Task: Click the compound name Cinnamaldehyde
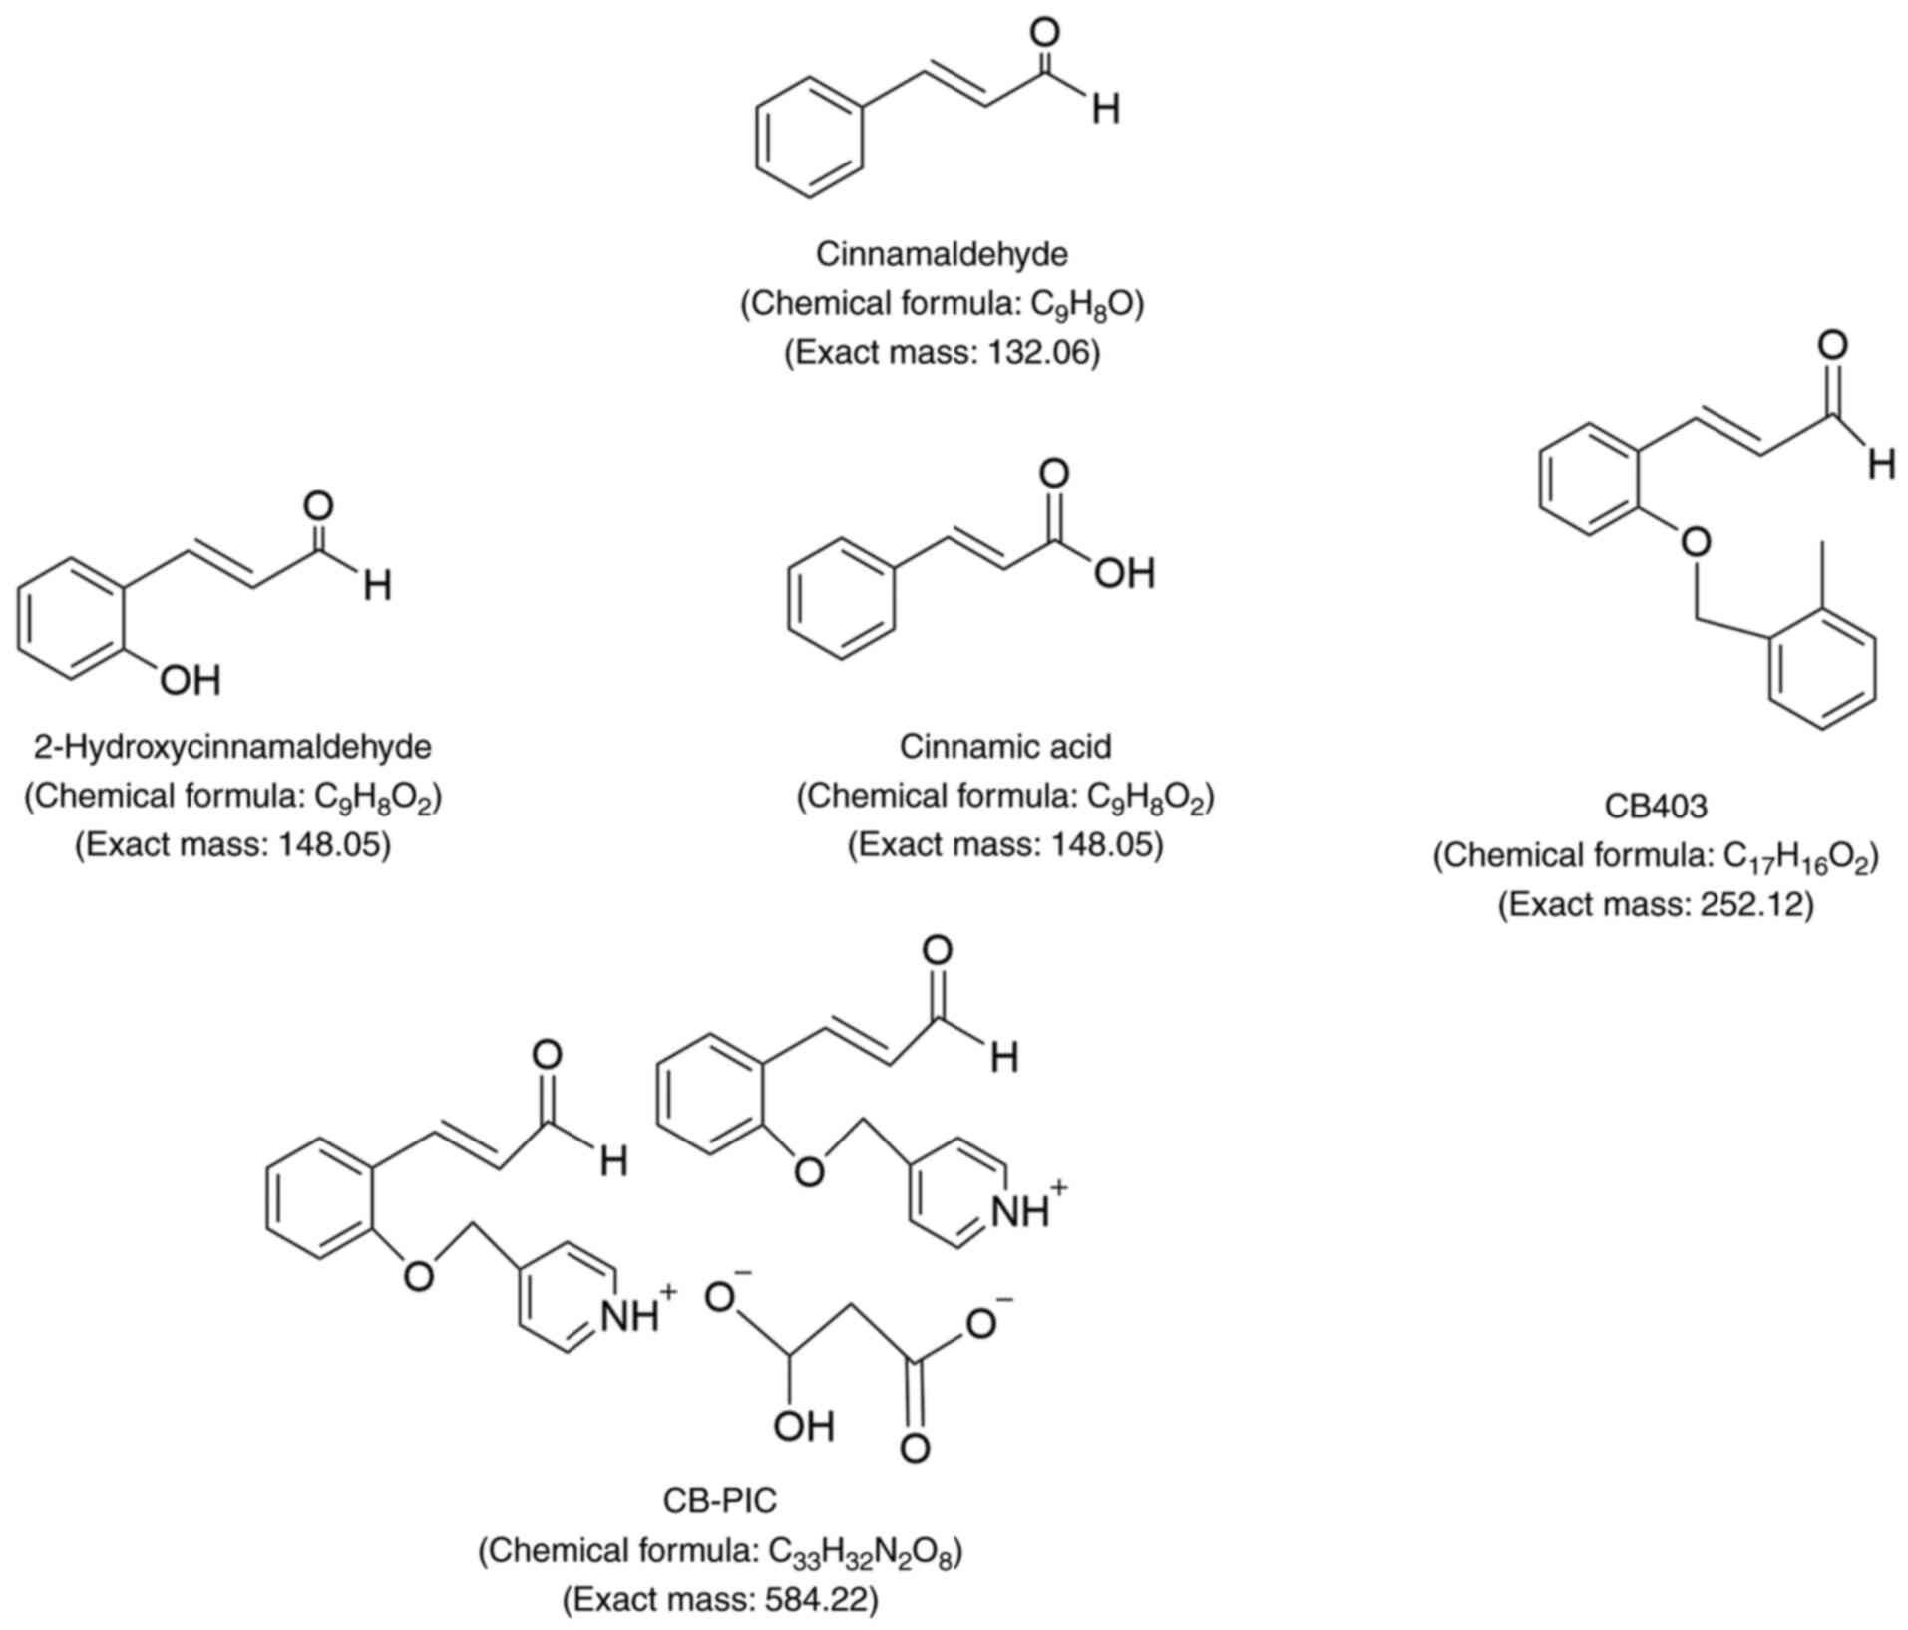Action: (x=942, y=255)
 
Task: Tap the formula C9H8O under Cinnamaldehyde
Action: (x=1082, y=304)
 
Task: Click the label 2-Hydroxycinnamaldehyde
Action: (x=232, y=747)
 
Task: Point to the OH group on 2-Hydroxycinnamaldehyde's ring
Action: (x=191, y=681)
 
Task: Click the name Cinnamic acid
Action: (x=1005, y=747)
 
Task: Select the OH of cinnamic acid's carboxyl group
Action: (x=1124, y=574)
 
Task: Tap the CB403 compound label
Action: (x=1656, y=806)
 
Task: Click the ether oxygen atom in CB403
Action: (x=1694, y=542)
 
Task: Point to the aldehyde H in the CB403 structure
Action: (x=1881, y=464)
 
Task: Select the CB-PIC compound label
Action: (x=719, y=1500)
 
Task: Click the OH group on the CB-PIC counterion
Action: (x=803, y=1427)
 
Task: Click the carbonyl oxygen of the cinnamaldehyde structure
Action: (x=1044, y=32)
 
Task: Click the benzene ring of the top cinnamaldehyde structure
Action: (x=807, y=137)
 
